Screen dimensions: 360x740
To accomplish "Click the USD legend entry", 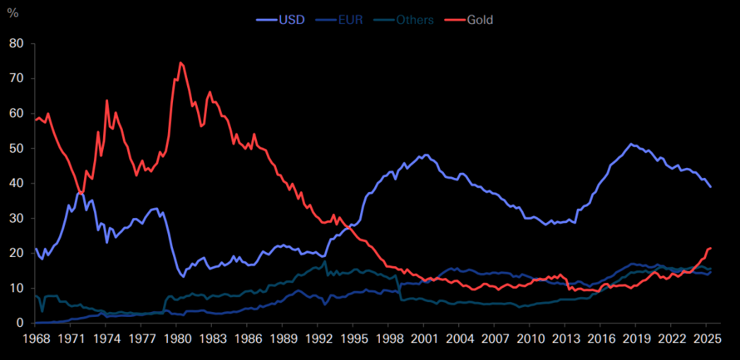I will (x=281, y=20).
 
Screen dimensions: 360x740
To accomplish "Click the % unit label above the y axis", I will (x=12, y=13).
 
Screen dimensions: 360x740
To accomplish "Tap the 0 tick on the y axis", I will (x=20, y=323).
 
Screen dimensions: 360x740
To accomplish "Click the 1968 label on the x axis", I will (x=35, y=338).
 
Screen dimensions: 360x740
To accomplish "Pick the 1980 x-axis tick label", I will (x=177, y=338).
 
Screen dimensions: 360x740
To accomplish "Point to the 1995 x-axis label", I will (x=353, y=338).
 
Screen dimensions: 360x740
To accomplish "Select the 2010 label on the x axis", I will (x=530, y=338).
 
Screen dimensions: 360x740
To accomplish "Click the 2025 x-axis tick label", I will (x=706, y=338).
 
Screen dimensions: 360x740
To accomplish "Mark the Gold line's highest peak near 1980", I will (x=181, y=63).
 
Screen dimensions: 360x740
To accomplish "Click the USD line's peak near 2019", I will (x=631, y=144).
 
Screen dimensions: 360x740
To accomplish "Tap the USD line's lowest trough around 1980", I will (x=184, y=277).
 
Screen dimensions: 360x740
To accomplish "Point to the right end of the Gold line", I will (x=710, y=248).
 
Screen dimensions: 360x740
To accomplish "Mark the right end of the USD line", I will (x=710, y=187).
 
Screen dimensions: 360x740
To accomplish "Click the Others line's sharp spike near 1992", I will (x=325, y=261).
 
